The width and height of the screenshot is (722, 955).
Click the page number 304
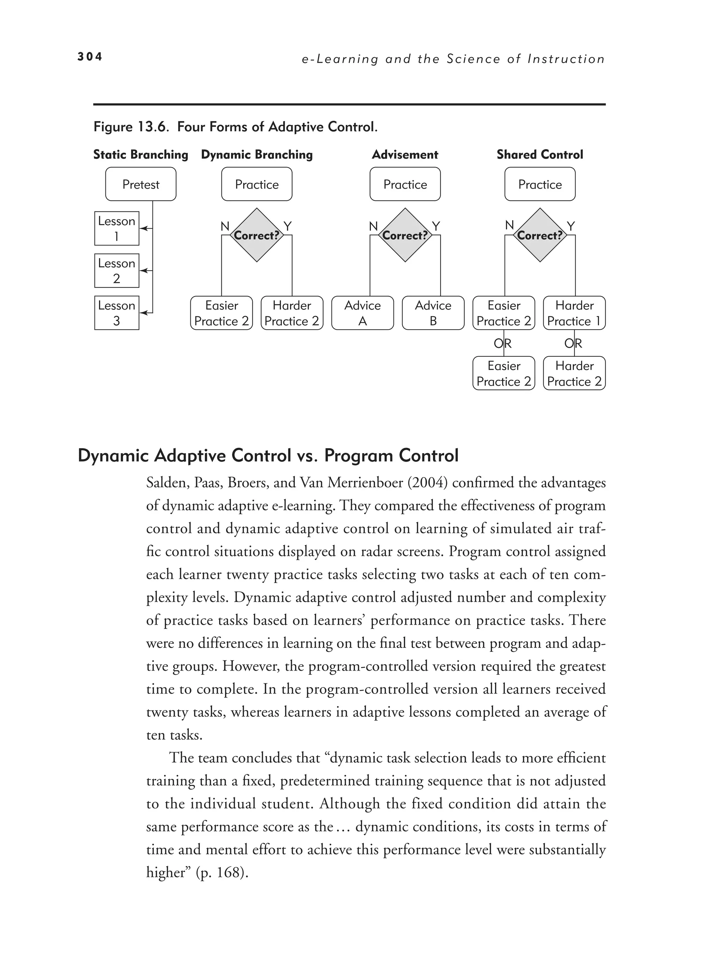90,56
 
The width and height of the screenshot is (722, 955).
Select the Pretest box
141,184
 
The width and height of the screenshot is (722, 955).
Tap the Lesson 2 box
116,271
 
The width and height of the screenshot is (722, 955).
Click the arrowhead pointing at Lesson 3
145,313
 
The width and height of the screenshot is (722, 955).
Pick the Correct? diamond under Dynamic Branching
257,235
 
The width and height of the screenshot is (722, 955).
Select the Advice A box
362,313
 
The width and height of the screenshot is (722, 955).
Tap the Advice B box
433,313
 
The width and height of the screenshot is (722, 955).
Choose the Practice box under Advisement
405,184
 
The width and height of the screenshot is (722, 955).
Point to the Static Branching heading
141,155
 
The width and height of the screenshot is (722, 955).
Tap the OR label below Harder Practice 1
573,344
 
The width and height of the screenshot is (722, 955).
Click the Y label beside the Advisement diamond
436,226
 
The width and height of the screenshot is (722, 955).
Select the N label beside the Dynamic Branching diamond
225,226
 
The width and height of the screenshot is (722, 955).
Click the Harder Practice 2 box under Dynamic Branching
292,313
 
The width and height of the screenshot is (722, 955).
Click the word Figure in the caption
113,127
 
